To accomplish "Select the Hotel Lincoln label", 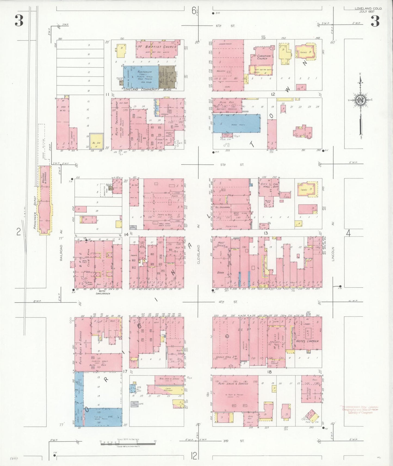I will (307, 341).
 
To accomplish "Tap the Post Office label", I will (221, 244).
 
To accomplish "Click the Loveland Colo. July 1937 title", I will (368, 10).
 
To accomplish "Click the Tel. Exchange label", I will (223, 207).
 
